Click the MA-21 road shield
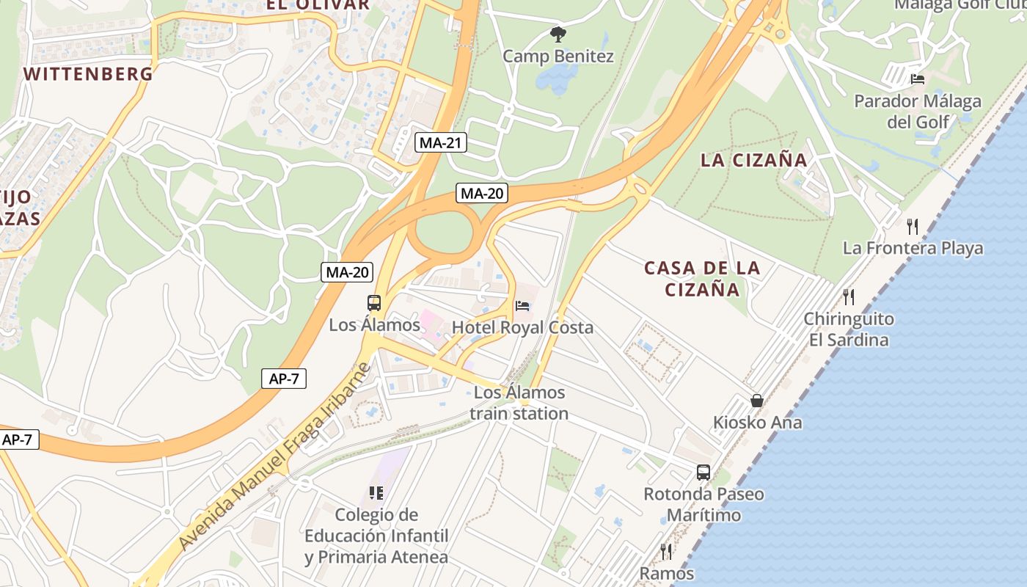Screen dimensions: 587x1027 tap(440, 142)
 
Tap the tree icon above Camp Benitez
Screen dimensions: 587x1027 tap(558, 34)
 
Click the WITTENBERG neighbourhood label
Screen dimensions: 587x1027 tap(88, 73)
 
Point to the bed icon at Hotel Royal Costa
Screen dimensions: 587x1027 tap(522, 305)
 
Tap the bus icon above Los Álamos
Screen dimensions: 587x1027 tap(374, 302)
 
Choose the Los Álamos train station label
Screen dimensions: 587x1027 tap(519, 403)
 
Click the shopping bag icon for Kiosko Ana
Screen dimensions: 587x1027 tap(757, 401)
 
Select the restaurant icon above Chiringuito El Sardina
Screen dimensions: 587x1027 tap(849, 296)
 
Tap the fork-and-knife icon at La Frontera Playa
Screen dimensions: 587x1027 tap(913, 226)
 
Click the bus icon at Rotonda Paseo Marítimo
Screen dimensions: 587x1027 tap(703, 472)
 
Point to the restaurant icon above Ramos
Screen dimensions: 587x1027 tap(666, 550)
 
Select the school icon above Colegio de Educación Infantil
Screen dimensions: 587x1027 tap(376, 493)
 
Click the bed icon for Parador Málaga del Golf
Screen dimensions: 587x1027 tap(917, 79)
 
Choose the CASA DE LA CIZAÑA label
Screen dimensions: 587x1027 tap(702, 279)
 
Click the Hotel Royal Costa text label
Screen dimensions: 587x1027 tap(522, 327)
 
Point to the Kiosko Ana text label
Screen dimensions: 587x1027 tap(758, 423)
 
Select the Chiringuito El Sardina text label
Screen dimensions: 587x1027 tap(849, 329)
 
